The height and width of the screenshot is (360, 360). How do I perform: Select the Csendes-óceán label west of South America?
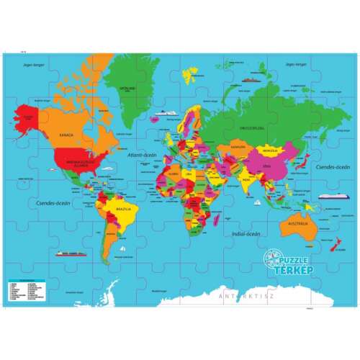pos(38,202)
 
